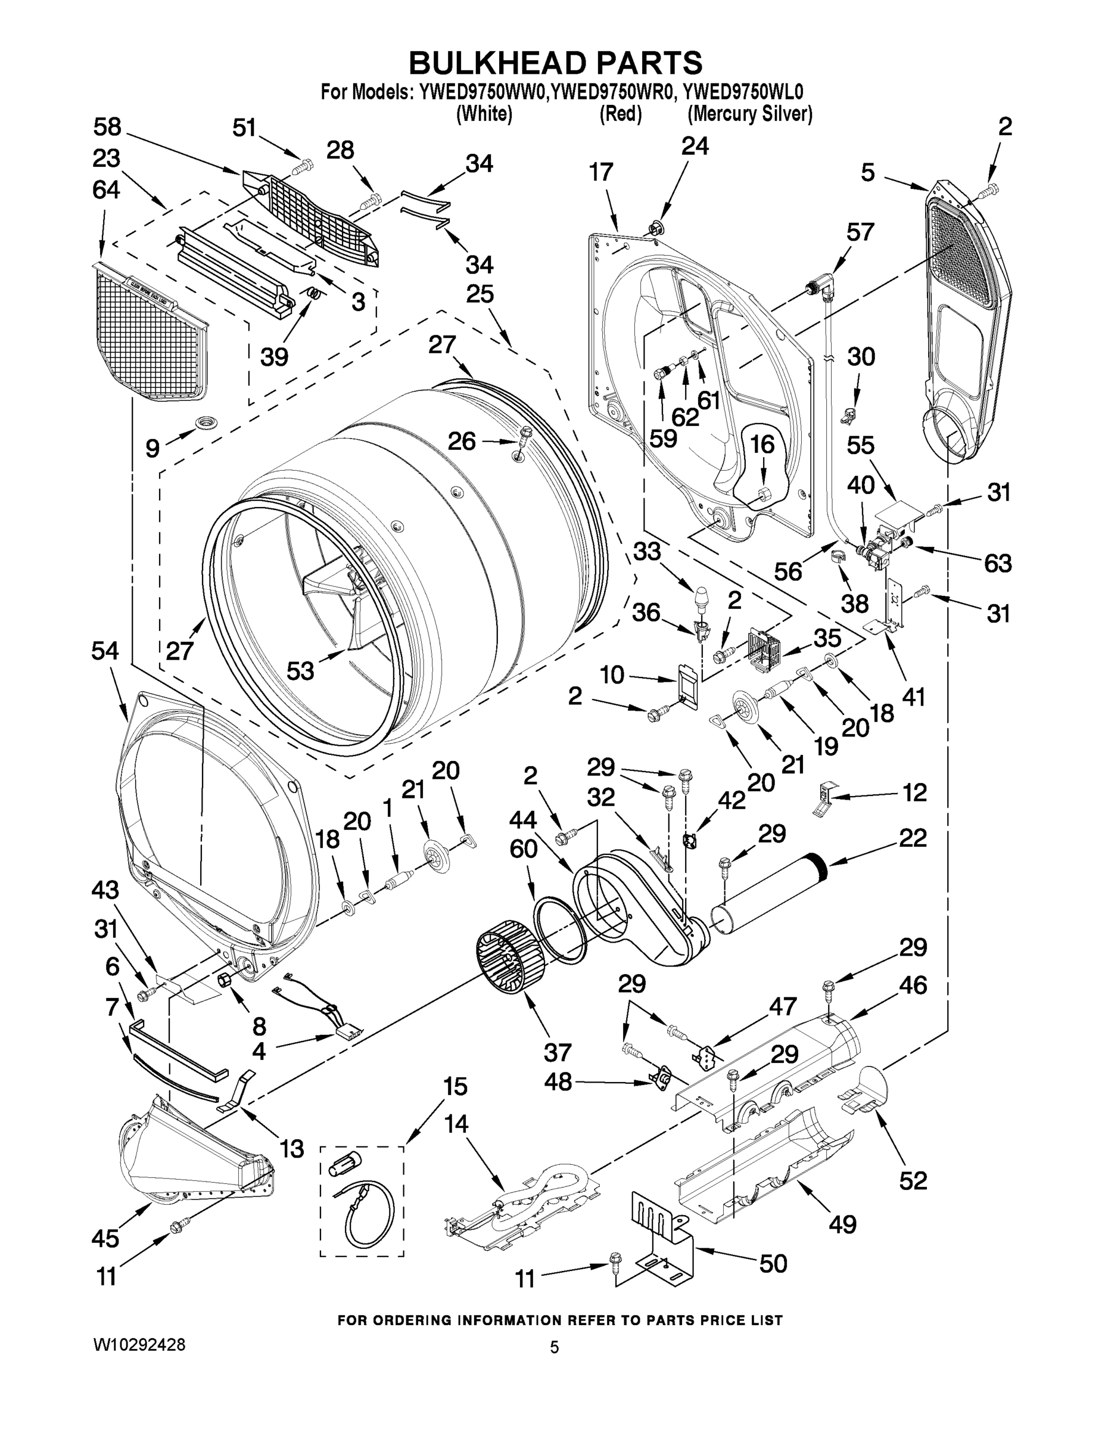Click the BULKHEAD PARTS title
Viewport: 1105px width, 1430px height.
click(x=555, y=64)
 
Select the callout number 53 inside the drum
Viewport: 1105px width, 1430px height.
click(x=300, y=670)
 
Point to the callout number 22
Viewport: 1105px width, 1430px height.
click(x=913, y=838)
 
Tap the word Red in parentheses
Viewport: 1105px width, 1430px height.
click(x=620, y=114)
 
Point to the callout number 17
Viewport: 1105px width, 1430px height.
click(x=600, y=172)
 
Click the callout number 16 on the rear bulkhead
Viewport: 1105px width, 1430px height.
click(x=762, y=444)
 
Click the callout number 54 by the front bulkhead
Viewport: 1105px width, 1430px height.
click(x=105, y=651)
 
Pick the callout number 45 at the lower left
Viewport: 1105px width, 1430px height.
click(x=105, y=1238)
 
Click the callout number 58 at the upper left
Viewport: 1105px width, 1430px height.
click(x=107, y=127)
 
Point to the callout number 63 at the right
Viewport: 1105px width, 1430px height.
click(x=998, y=563)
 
